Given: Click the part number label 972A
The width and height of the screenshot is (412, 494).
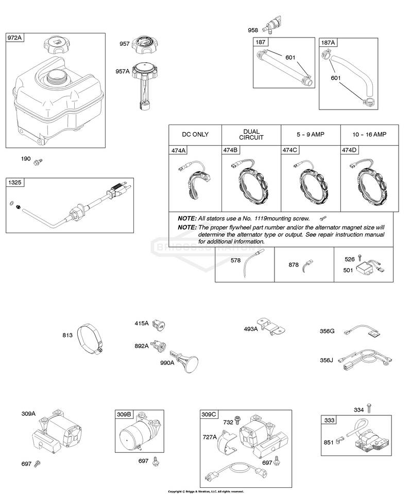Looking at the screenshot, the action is pos(14,38).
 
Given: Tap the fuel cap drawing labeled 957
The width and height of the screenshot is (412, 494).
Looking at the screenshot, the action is pos(145,46).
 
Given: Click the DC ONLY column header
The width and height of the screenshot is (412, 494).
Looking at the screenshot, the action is pos(195,134).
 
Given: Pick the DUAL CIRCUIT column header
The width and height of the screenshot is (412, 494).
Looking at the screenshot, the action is pos(251,134).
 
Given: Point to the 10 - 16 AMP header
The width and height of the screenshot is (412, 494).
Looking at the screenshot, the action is pos(369,134).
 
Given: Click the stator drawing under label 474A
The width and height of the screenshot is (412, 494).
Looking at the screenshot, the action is pos(195,181).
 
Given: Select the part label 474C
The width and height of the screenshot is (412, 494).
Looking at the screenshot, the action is pos(290,150).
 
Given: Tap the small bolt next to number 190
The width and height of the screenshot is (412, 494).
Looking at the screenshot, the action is pos(38,162).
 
